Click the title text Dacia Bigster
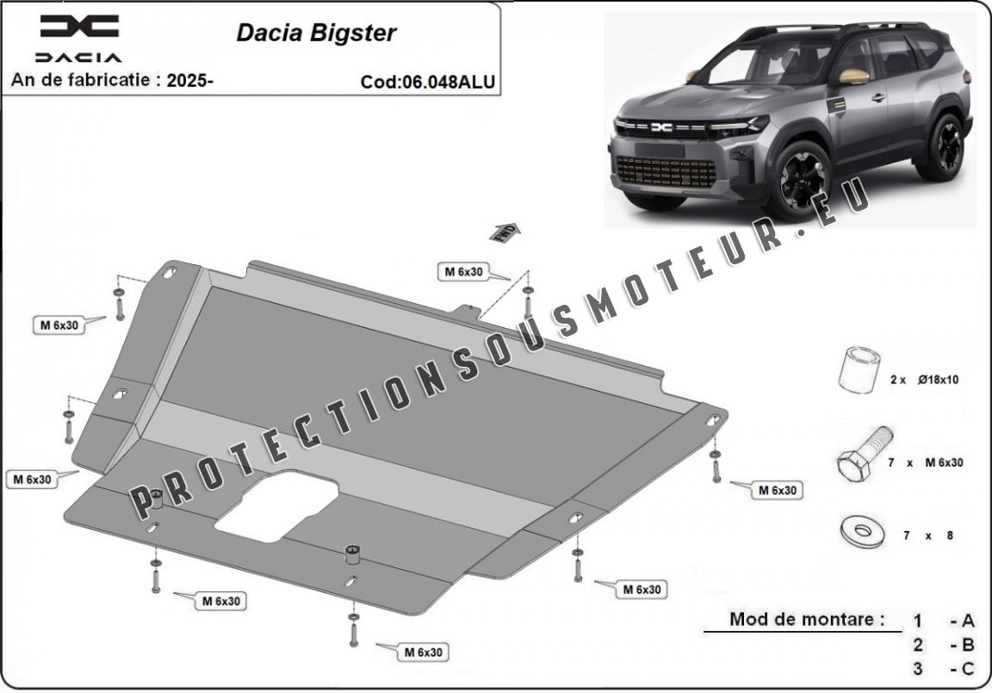316,33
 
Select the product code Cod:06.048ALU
428,82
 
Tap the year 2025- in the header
189,80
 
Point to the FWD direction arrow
505,232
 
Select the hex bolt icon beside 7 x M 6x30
865,454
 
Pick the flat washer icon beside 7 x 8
862,532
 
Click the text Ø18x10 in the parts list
939,380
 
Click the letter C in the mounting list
967,668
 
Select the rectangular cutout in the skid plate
276,506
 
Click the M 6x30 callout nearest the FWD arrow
464,272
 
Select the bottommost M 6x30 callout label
424,653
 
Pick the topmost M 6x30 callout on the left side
59,325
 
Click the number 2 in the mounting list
918,645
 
